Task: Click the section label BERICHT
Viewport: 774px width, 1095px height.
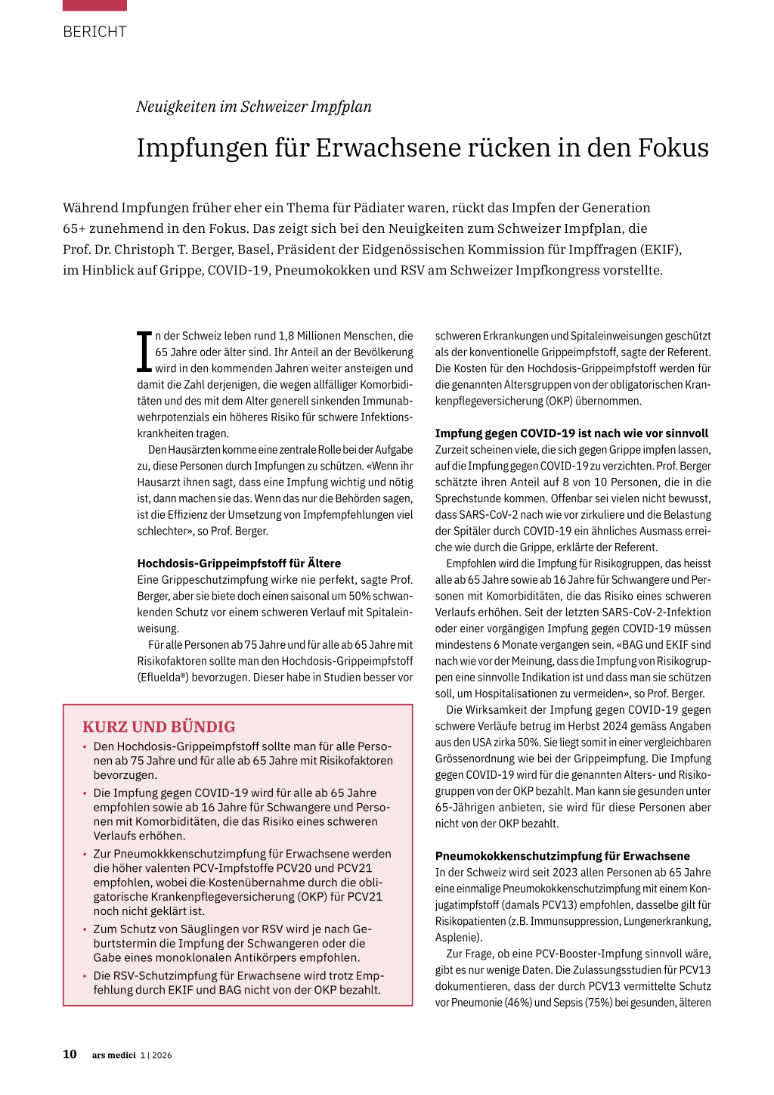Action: tap(94, 32)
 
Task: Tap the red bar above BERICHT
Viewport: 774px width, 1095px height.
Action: tap(94, 5)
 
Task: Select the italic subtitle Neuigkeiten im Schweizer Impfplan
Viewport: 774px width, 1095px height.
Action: tap(254, 107)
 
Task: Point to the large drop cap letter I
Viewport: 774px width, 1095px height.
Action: tap(144, 352)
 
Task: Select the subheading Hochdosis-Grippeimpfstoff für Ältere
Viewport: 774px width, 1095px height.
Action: tap(239, 563)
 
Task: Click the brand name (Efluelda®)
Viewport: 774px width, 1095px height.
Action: tap(163, 678)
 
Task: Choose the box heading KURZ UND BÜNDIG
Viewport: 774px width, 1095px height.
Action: tap(159, 727)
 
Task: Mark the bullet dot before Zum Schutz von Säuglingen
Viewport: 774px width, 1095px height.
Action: tap(85, 929)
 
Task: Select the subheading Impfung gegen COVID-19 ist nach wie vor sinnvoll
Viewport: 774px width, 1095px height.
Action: tap(571, 433)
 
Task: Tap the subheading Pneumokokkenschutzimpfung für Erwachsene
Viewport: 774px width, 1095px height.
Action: tap(562, 856)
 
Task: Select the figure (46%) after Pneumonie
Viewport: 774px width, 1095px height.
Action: tap(519, 1003)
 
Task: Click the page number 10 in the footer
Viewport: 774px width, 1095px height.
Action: tap(70, 1054)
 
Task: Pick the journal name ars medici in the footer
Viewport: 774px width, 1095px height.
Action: tap(113, 1055)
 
